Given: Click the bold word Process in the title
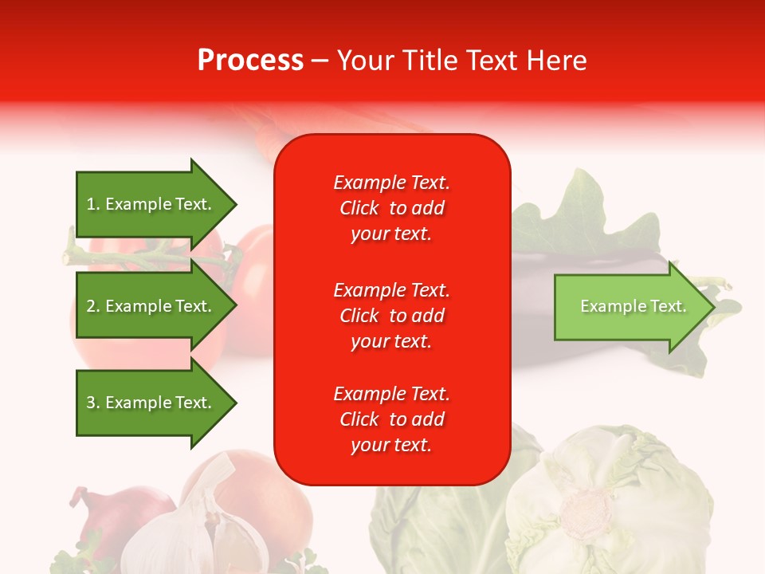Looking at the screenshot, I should click(250, 61).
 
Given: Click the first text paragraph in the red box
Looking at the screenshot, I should click(391, 208).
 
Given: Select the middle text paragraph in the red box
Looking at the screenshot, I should click(391, 316).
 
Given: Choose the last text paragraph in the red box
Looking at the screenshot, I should click(391, 419).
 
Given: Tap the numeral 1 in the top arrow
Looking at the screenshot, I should click(91, 204).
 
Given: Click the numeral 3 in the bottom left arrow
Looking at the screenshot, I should click(91, 403).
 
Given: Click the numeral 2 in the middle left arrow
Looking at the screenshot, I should click(91, 306).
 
